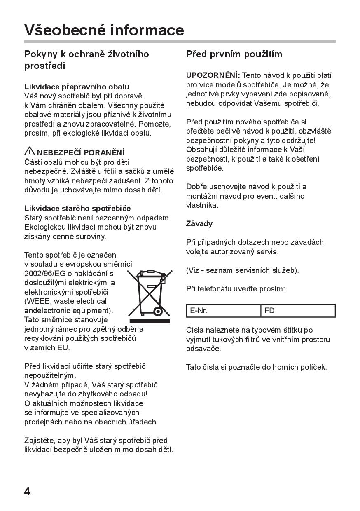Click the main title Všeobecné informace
(104, 30)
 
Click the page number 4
(28, 491)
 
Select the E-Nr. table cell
(223, 311)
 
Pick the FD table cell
(298, 311)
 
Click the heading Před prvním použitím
(234, 54)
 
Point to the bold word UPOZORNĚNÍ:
(213, 75)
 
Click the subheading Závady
(199, 223)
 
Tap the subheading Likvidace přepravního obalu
(77, 87)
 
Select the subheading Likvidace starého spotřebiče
(77, 208)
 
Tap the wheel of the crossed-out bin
(157, 311)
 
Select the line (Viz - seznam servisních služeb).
(242, 270)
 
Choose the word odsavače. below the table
(203, 348)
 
